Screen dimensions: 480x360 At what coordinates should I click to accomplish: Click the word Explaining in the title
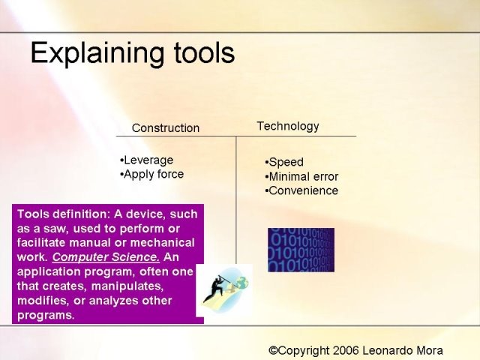coord(98,53)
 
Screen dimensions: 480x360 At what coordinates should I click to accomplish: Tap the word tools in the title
coord(204,52)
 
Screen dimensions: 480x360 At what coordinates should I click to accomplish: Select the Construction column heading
coord(166,128)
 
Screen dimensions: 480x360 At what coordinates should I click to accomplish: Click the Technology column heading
coord(288,126)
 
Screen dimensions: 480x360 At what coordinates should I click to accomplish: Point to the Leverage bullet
coord(147,160)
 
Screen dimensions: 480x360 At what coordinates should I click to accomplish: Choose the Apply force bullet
coord(151,174)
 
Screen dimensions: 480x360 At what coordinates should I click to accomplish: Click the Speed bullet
coord(284,162)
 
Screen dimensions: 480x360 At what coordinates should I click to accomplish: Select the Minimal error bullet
coord(301,177)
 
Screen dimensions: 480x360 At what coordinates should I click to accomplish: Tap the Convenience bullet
coord(301,190)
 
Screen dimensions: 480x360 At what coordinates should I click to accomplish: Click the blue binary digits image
coord(301,250)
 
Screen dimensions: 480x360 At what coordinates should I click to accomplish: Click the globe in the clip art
coord(242,283)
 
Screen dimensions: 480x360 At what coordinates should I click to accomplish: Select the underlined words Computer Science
coord(106,257)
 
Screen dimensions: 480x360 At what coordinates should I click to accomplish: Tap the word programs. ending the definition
coord(46,315)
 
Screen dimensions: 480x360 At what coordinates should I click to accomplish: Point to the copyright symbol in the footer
coord(273,350)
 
